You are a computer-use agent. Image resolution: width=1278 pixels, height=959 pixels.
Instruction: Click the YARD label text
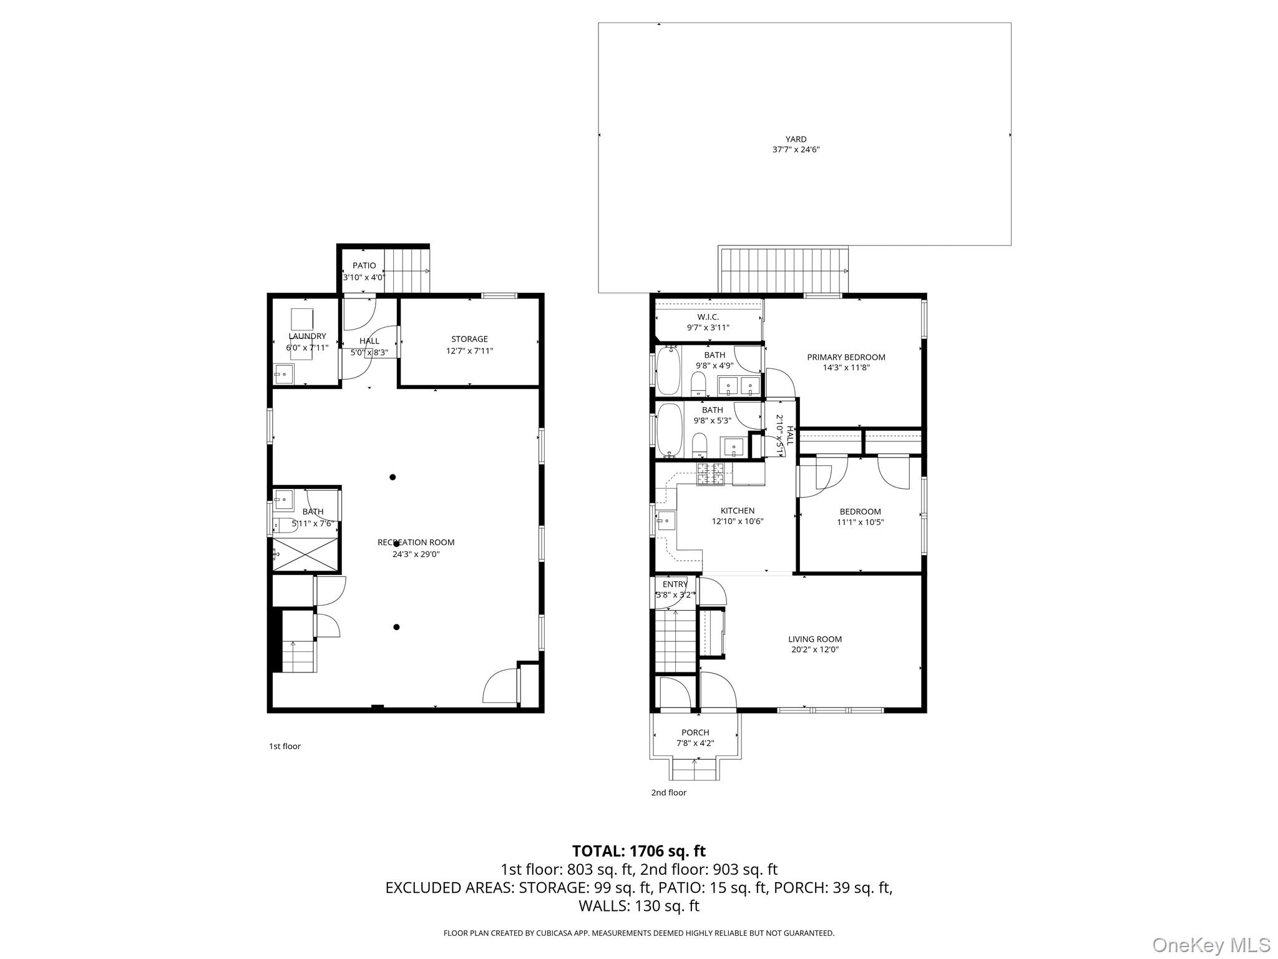796,139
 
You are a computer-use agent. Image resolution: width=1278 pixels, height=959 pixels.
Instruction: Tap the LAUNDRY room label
307,337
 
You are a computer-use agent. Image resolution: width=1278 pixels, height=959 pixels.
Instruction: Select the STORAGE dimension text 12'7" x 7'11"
469,351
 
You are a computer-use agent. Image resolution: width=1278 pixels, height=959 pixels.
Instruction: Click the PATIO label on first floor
364,266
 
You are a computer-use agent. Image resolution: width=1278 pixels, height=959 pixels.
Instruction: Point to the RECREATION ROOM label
416,543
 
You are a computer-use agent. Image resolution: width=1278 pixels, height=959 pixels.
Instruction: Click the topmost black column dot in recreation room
393,478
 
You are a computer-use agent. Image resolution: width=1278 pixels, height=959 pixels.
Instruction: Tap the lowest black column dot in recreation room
396,627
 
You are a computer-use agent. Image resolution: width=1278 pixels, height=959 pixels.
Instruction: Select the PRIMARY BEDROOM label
846,357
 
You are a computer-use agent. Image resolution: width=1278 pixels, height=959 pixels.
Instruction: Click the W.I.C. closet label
708,317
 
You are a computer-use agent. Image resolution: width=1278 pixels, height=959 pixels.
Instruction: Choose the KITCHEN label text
737,511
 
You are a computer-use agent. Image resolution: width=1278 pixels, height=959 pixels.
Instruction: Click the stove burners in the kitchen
710,474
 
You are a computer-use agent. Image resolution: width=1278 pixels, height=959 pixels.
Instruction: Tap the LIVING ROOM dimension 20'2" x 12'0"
814,649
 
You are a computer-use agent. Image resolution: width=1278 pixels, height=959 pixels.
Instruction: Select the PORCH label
695,732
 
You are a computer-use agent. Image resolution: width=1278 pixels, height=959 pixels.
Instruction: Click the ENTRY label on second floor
675,584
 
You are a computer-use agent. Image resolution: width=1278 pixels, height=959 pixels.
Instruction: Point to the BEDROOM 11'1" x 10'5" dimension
860,523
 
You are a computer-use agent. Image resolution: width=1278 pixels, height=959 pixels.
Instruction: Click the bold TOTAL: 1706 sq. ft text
638,851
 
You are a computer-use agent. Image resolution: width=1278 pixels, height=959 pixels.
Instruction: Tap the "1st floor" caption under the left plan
285,746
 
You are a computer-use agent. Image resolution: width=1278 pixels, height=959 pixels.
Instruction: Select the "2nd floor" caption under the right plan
668,792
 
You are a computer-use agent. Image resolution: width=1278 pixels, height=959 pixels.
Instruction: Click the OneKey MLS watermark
1211,945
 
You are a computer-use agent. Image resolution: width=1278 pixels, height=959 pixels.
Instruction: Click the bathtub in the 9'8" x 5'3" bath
668,430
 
